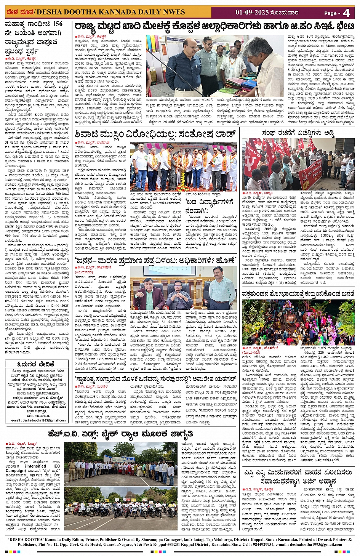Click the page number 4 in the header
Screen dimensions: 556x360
(x=346, y=13)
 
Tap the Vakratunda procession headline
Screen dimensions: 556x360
(x=298, y=293)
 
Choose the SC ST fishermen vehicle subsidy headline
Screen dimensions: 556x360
(x=298, y=476)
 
